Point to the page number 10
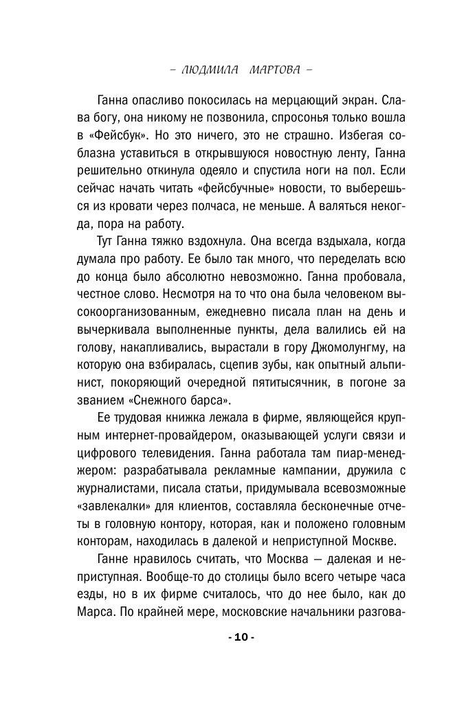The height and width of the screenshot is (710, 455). point(241,637)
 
